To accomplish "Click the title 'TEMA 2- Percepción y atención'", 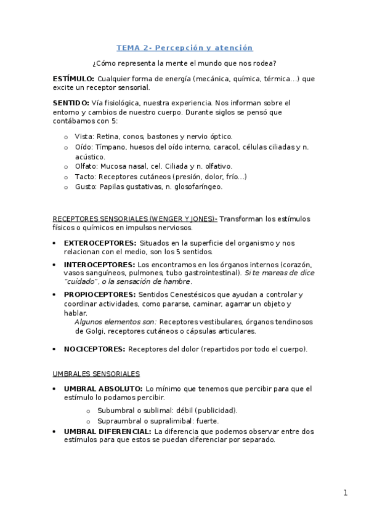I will (185, 47).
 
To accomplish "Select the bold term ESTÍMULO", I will (73, 79).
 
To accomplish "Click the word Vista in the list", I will (83, 136).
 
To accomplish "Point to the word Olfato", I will (86, 166).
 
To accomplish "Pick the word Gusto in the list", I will (86, 187).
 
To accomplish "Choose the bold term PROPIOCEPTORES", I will (100, 294).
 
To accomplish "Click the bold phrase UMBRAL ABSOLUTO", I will (102, 389).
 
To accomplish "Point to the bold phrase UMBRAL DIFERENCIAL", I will (107, 432).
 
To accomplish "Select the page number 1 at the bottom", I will (346, 492).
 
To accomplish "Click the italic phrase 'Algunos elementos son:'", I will (115, 322).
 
